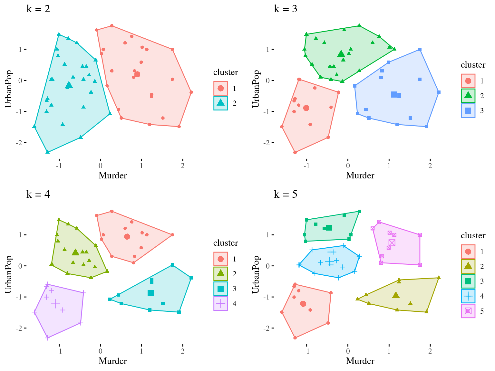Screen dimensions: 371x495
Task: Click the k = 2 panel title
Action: [x=38, y=9]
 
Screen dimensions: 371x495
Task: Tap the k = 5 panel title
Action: [x=286, y=195]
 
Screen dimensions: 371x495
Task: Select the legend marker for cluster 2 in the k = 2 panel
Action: [x=220, y=103]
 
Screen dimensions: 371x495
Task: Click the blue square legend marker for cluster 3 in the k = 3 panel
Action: [x=468, y=110]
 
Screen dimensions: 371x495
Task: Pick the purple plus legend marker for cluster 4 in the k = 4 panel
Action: [x=220, y=304]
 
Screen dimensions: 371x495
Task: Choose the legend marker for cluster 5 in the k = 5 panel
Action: [x=468, y=311]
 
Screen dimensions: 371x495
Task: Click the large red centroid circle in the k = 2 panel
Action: [x=137, y=74]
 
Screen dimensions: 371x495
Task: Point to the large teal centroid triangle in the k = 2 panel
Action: [x=69, y=85]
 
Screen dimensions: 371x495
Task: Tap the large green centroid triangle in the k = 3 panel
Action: [x=341, y=53]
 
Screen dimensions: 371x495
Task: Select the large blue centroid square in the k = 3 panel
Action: [x=394, y=94]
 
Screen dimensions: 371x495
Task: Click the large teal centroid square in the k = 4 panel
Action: [x=150, y=293]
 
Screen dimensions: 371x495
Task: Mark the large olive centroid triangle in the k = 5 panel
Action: [x=396, y=295]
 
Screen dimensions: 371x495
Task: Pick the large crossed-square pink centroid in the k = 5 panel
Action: [x=392, y=243]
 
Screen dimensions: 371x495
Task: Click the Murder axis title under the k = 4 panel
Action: [x=112, y=361]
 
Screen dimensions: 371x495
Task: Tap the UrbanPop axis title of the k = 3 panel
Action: [x=256, y=89]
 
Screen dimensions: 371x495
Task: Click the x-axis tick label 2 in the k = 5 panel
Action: [x=430, y=351]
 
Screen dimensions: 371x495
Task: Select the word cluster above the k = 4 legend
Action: [x=226, y=243]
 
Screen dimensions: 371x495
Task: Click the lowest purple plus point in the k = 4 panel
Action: [x=47, y=338]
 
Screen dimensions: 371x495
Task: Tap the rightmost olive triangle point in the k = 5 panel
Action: [x=439, y=278]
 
